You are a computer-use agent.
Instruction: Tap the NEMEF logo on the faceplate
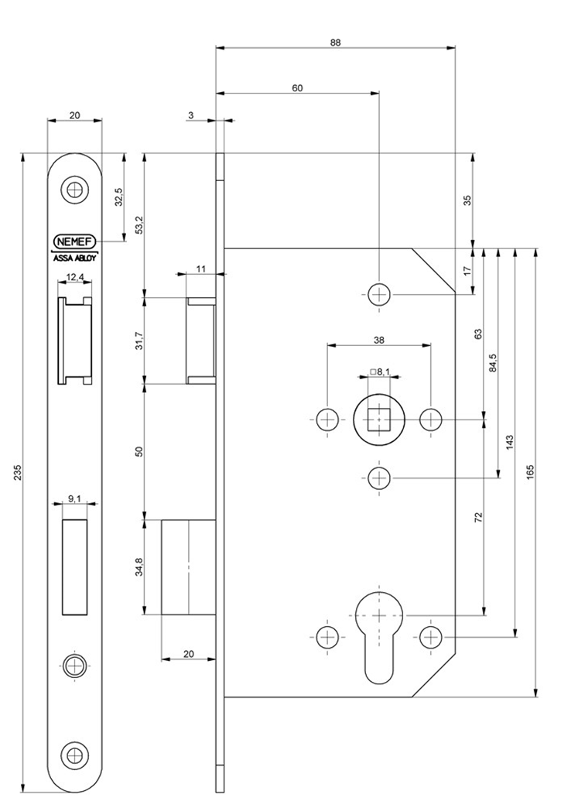74,241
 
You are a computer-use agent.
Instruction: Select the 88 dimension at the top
335,43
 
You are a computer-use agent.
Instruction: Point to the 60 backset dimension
297,88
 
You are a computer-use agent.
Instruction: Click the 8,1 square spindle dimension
380,372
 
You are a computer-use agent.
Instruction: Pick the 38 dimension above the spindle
379,338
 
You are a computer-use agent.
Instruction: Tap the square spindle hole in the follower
378,419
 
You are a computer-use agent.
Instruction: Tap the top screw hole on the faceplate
74,189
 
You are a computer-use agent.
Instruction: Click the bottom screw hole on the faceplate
74,754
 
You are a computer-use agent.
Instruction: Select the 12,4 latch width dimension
74,276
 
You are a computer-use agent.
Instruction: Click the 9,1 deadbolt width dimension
74,499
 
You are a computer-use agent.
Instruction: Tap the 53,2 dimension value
139,223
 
